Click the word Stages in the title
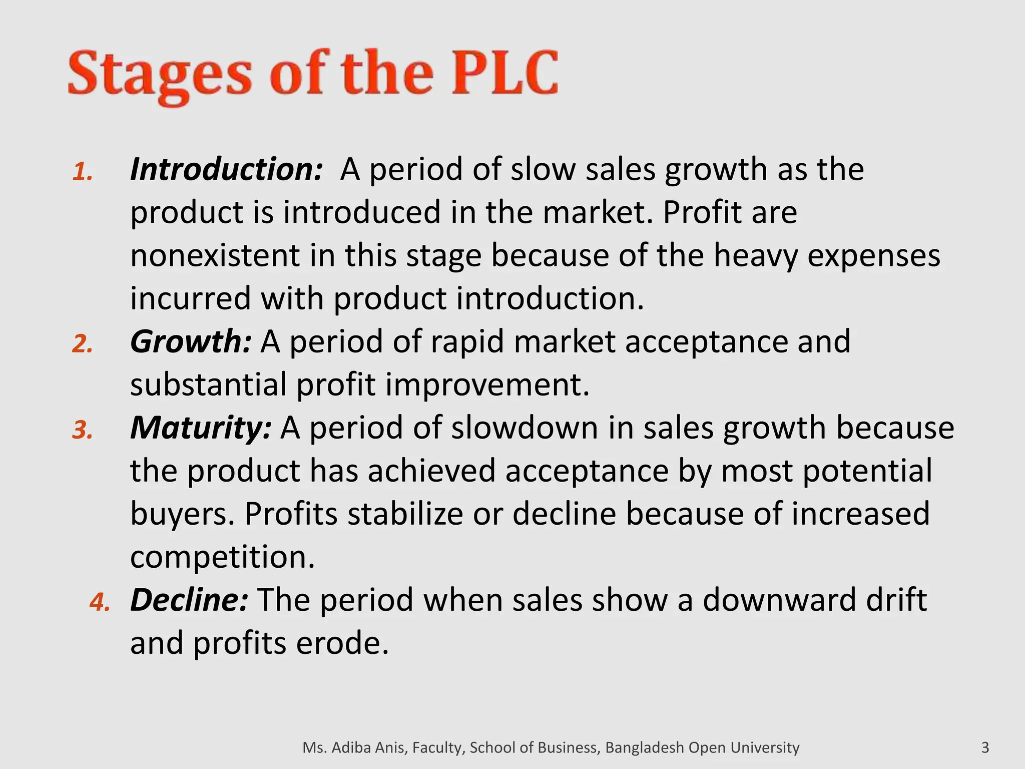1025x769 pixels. (160, 75)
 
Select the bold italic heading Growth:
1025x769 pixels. (191, 341)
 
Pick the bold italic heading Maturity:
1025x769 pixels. (201, 428)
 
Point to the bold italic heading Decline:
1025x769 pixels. (189, 600)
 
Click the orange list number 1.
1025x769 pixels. (83, 172)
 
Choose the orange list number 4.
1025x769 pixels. (100, 603)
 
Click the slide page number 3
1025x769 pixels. (985, 747)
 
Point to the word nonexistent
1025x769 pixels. (215, 255)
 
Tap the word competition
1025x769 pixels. (222, 557)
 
